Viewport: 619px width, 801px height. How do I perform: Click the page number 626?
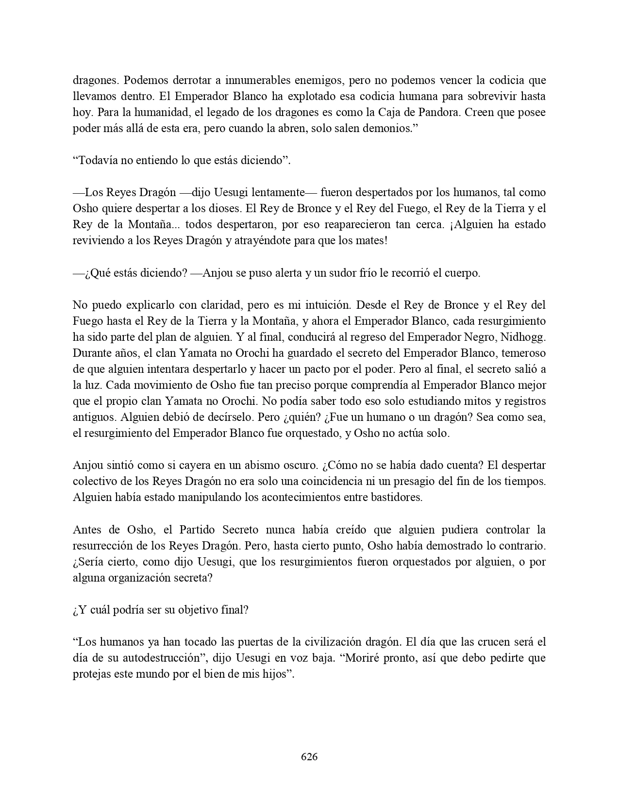tap(309, 756)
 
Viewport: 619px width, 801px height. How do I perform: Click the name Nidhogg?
tap(526, 337)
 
